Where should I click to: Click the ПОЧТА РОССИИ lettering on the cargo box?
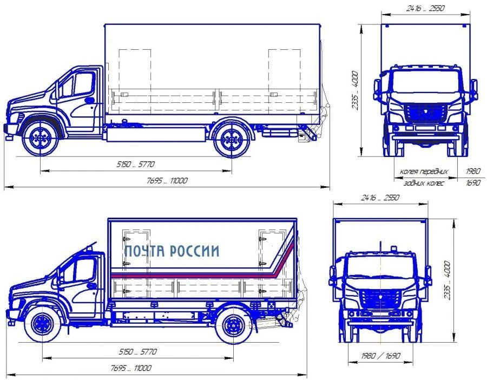coord(172,251)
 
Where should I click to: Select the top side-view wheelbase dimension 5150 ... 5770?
coord(135,164)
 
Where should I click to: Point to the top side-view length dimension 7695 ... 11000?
coord(167,180)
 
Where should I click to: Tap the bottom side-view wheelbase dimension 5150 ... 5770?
coord(137,352)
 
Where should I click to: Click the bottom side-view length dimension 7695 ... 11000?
coord(131,368)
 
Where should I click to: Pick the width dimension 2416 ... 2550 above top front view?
coord(425,8)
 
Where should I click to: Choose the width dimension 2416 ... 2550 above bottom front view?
coord(380,197)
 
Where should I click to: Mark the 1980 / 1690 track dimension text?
coord(380,356)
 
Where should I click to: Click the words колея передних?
coord(424,171)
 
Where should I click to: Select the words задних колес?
coord(424,183)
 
